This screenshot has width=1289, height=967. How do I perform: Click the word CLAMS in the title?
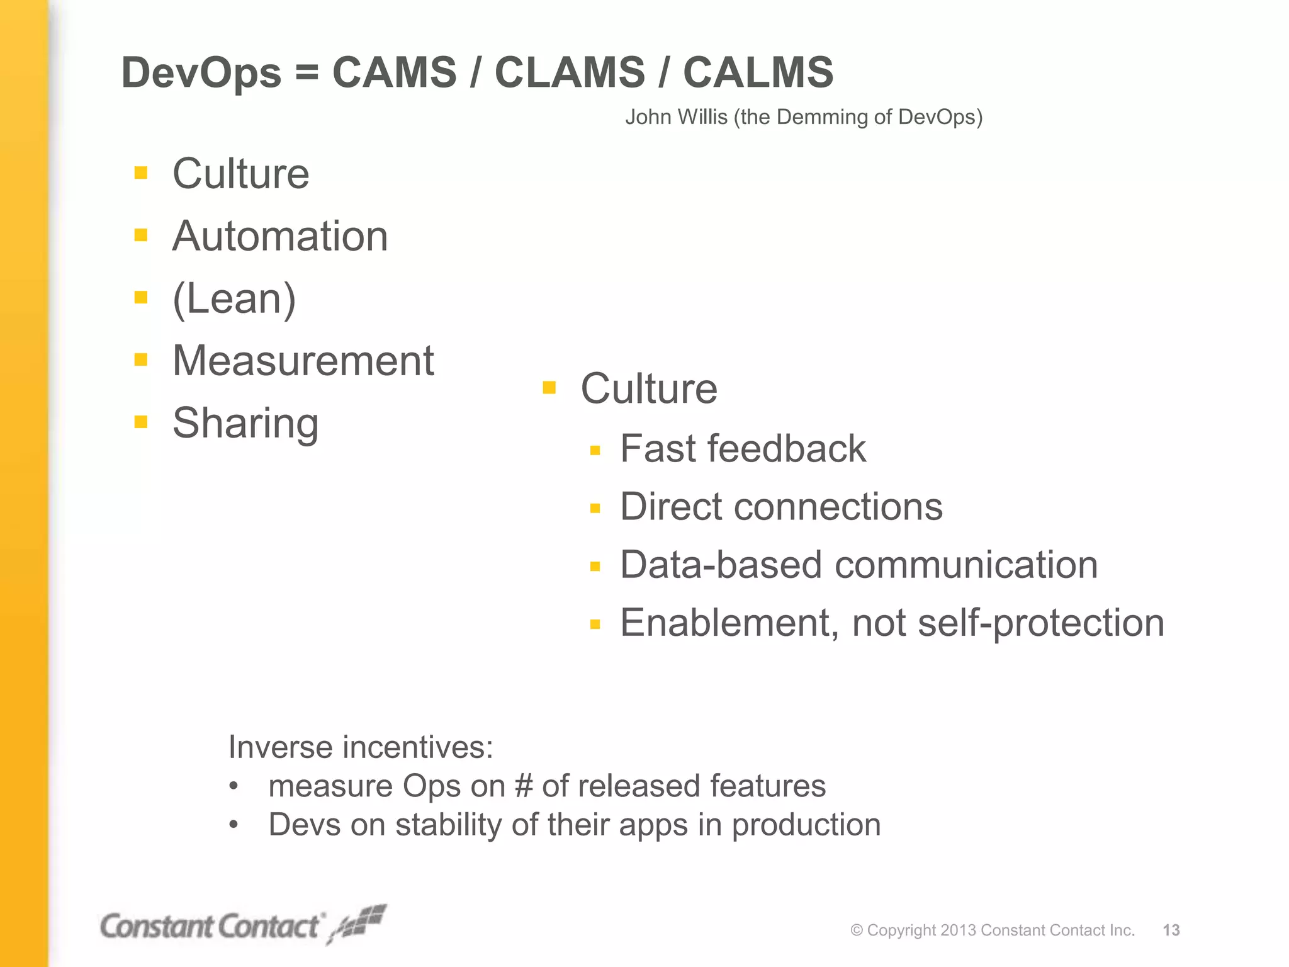[570, 72]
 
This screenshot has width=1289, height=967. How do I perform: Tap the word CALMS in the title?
[758, 72]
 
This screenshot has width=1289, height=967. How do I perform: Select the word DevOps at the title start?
[201, 74]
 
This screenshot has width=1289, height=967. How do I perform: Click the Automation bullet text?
[280, 237]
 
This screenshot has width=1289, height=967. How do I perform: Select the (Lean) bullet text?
[234, 299]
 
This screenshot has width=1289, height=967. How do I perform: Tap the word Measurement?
[303, 361]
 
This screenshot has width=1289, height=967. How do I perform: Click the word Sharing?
[245, 423]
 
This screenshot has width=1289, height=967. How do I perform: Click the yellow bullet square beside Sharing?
[141, 422]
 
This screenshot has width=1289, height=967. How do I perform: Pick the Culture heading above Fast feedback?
[648, 388]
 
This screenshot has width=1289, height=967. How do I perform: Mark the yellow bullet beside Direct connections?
[595, 509]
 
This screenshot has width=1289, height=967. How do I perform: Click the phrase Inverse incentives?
[361, 747]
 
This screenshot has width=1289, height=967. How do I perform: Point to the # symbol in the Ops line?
[524, 786]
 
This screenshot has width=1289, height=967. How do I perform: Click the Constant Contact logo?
[243, 925]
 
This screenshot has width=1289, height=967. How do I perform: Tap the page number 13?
[1171, 930]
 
